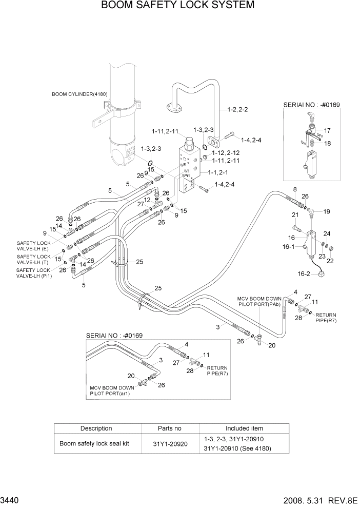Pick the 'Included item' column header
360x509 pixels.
tap(244, 428)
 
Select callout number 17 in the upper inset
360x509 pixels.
tap(327, 130)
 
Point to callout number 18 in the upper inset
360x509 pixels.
tap(327, 143)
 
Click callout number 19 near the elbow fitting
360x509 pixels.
tap(327, 211)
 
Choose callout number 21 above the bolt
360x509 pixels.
tap(295, 214)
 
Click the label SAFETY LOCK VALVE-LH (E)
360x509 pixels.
tap(33, 246)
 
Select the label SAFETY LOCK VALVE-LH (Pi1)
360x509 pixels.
tap(33, 273)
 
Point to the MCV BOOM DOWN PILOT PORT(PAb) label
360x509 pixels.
tap(259, 301)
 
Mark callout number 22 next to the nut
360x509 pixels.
tap(330, 261)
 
